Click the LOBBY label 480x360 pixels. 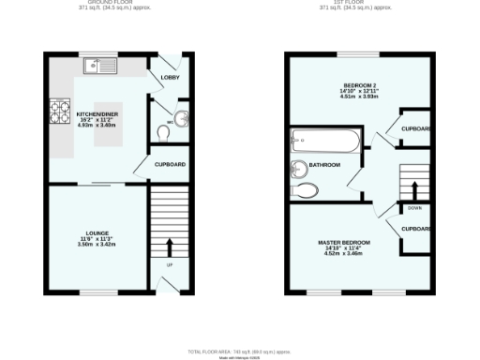pyautogui.click(x=170, y=77)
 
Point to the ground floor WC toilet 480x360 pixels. pyautogui.click(x=166, y=134)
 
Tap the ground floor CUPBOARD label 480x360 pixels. pyautogui.click(x=170, y=165)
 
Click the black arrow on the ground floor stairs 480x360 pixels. pyautogui.click(x=170, y=246)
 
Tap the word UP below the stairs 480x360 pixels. pyautogui.click(x=170, y=265)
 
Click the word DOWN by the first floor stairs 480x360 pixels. pyautogui.click(x=413, y=208)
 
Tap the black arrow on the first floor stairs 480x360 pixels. pyautogui.click(x=413, y=188)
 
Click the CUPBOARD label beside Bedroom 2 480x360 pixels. pyautogui.click(x=415, y=128)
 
